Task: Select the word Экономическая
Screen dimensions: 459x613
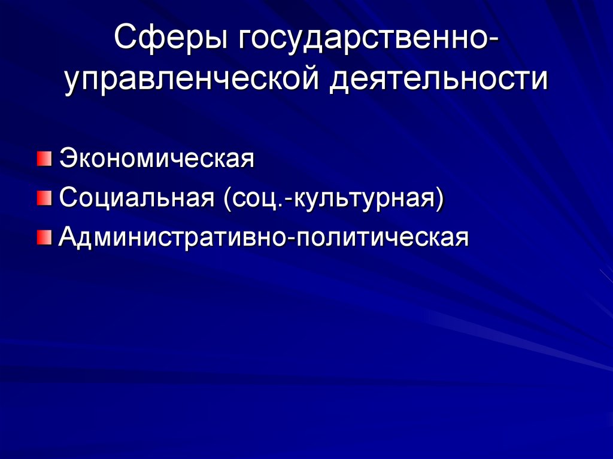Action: (x=157, y=160)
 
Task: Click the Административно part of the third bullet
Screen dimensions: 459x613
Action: (x=172, y=238)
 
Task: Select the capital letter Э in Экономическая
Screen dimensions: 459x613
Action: (x=67, y=160)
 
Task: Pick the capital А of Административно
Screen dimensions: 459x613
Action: (x=68, y=238)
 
